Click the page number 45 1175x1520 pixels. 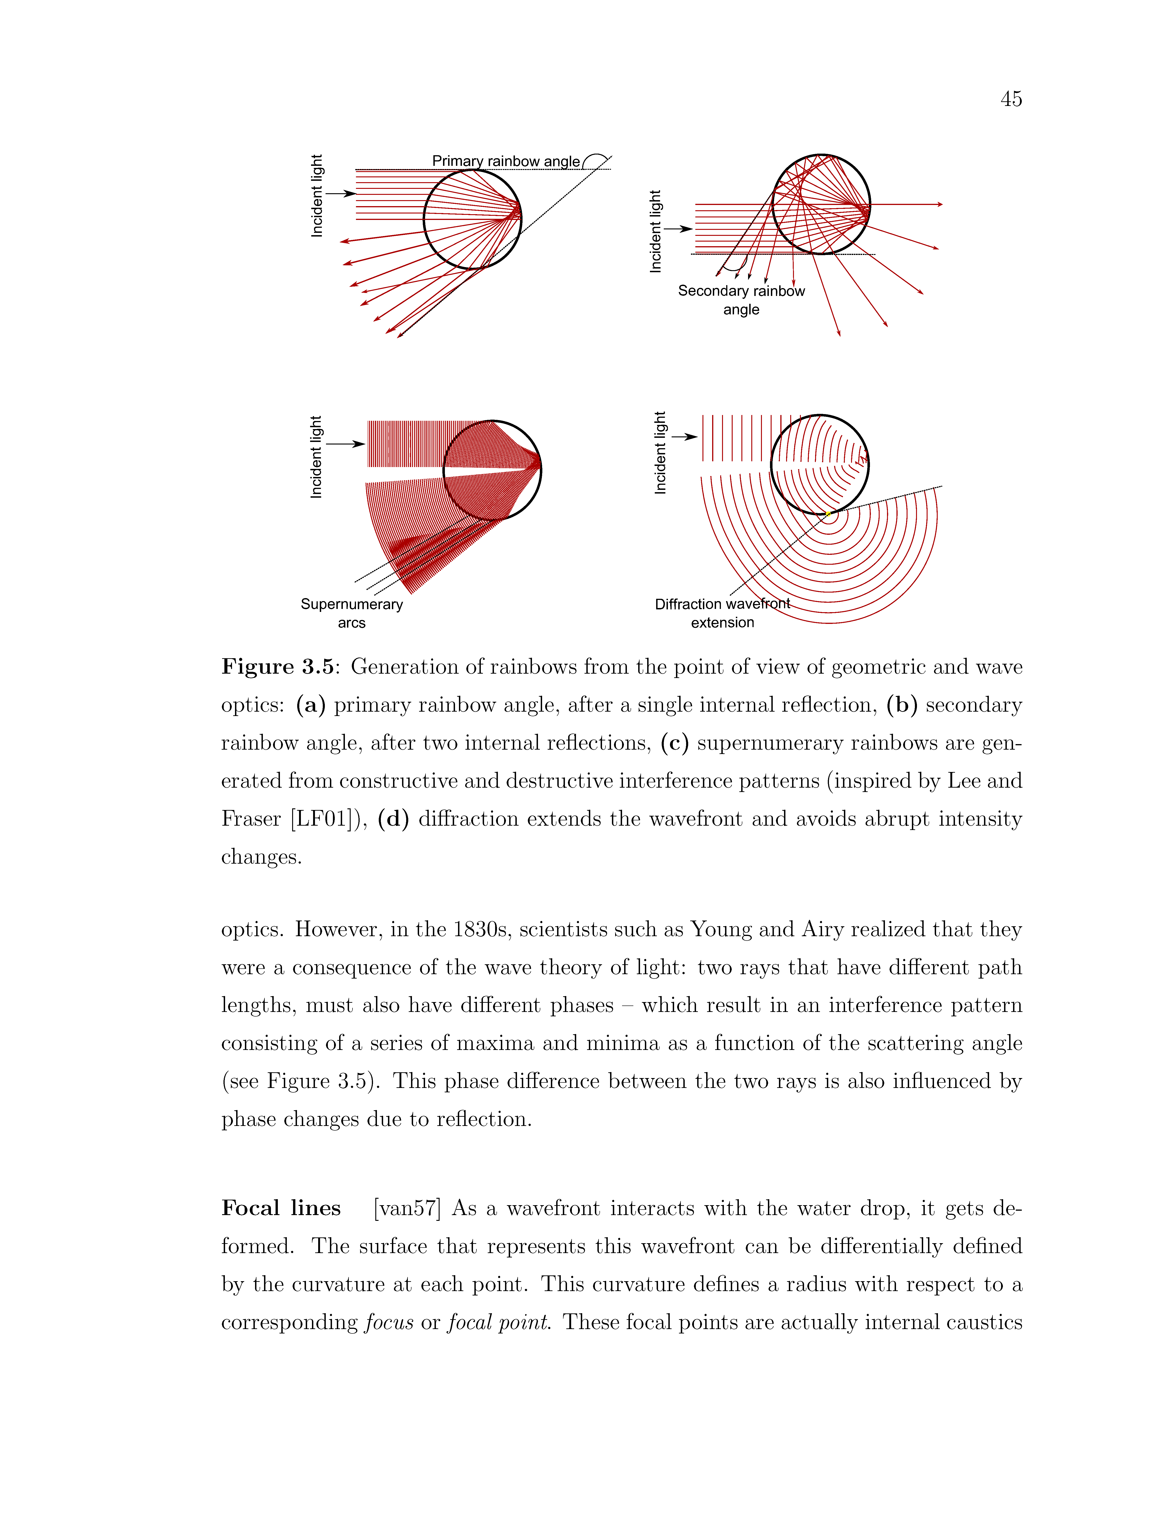pyautogui.click(x=1011, y=99)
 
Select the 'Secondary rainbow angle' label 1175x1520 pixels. pyautogui.click(x=741, y=300)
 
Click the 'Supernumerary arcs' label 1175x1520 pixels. pyautogui.click(x=352, y=613)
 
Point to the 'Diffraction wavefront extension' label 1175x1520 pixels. pyautogui.click(x=723, y=613)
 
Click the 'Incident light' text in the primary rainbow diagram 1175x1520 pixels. pyautogui.click(x=317, y=196)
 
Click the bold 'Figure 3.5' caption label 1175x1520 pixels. pyautogui.click(x=278, y=667)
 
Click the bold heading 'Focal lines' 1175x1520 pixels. pyautogui.click(x=281, y=1207)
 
